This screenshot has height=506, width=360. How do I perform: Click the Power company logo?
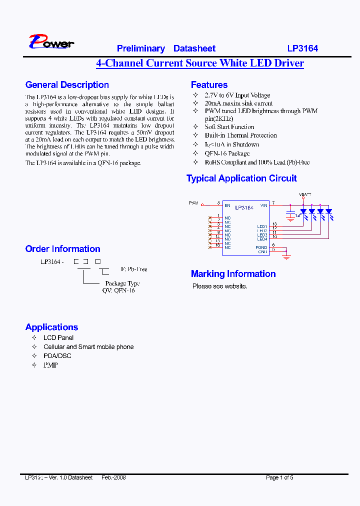51,42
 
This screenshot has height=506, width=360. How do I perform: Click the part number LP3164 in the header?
302,48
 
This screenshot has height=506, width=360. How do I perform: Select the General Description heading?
67,85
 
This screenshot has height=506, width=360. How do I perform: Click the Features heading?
209,85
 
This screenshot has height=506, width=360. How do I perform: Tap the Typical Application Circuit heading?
241,178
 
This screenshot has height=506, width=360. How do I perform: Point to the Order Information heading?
62,249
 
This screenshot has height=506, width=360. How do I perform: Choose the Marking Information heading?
233,274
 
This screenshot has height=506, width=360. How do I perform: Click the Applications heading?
51,327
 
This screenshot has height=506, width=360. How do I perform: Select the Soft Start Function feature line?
229,127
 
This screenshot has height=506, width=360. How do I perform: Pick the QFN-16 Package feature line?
227,153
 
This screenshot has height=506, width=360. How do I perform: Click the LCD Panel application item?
58,338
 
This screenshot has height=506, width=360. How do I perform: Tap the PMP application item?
50,365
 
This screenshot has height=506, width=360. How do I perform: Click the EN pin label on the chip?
227,205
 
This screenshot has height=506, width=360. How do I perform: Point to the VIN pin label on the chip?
264,205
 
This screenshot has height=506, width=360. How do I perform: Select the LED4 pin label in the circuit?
262,239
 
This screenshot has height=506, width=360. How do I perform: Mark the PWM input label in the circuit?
193,203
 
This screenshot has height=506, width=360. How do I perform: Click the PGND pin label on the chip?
261,247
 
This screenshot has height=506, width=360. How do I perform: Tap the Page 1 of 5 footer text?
279,477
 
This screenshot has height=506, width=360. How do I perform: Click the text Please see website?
220,286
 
